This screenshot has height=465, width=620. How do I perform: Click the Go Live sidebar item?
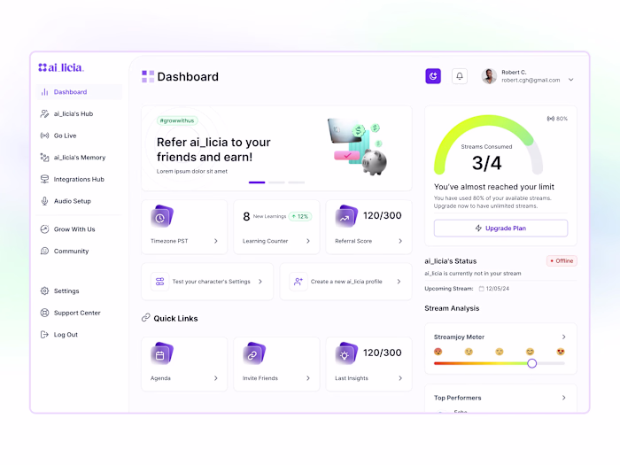pos(65,136)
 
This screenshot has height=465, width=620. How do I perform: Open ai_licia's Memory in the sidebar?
pos(79,158)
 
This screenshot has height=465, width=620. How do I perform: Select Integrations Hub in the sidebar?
pos(78,179)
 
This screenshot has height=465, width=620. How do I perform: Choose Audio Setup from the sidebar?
pos(72,201)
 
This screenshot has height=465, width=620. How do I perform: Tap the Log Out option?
pos(66,335)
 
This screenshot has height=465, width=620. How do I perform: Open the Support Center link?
pos(76,313)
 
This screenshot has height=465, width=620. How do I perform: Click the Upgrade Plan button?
pos(500,228)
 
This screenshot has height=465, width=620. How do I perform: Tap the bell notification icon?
pos(460,76)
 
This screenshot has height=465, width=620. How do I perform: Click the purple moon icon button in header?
pos(433,76)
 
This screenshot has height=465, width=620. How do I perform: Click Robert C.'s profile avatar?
pos(489,76)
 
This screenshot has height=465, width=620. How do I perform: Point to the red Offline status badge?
pos(562,261)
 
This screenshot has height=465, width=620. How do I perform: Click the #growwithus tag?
pos(177,120)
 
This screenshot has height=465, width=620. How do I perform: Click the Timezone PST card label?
pos(169,241)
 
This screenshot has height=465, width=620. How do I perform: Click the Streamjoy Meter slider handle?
pos(531,363)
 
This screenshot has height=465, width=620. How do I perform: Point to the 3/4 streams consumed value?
pos(486,163)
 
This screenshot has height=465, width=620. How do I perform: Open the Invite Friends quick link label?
pos(260,378)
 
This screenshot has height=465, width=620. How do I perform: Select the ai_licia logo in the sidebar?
pos(61,67)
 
